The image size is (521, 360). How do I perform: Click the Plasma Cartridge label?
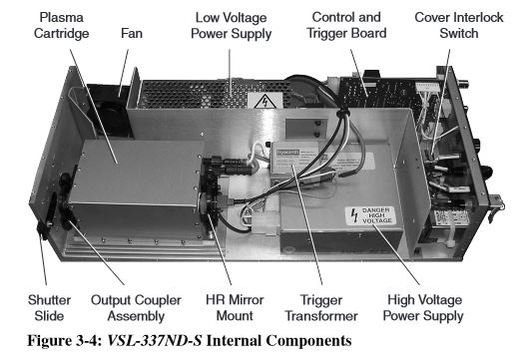pos(62,25)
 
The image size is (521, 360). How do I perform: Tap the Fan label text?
pos(132,33)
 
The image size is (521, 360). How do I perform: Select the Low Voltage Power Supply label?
pos(232,26)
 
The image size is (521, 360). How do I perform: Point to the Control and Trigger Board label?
pos(346,25)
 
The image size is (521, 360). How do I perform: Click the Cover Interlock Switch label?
pos(459,25)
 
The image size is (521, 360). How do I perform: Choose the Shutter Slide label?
pos(49,308)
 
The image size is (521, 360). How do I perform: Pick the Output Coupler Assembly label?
pos(136,308)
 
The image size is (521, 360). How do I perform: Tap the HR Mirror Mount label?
pos(235,308)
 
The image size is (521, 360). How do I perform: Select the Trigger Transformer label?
pos(321,308)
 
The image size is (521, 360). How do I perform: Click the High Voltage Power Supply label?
pos(423,308)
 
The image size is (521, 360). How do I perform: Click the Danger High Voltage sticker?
pos(370,215)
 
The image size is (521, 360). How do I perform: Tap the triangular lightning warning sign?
pos(265,101)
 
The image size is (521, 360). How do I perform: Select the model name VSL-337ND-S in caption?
pos(155,341)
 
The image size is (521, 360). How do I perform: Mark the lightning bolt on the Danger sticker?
pos(355,215)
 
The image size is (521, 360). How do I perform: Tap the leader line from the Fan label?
pos(124,73)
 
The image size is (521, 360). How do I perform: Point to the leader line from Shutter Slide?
pos(43,260)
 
